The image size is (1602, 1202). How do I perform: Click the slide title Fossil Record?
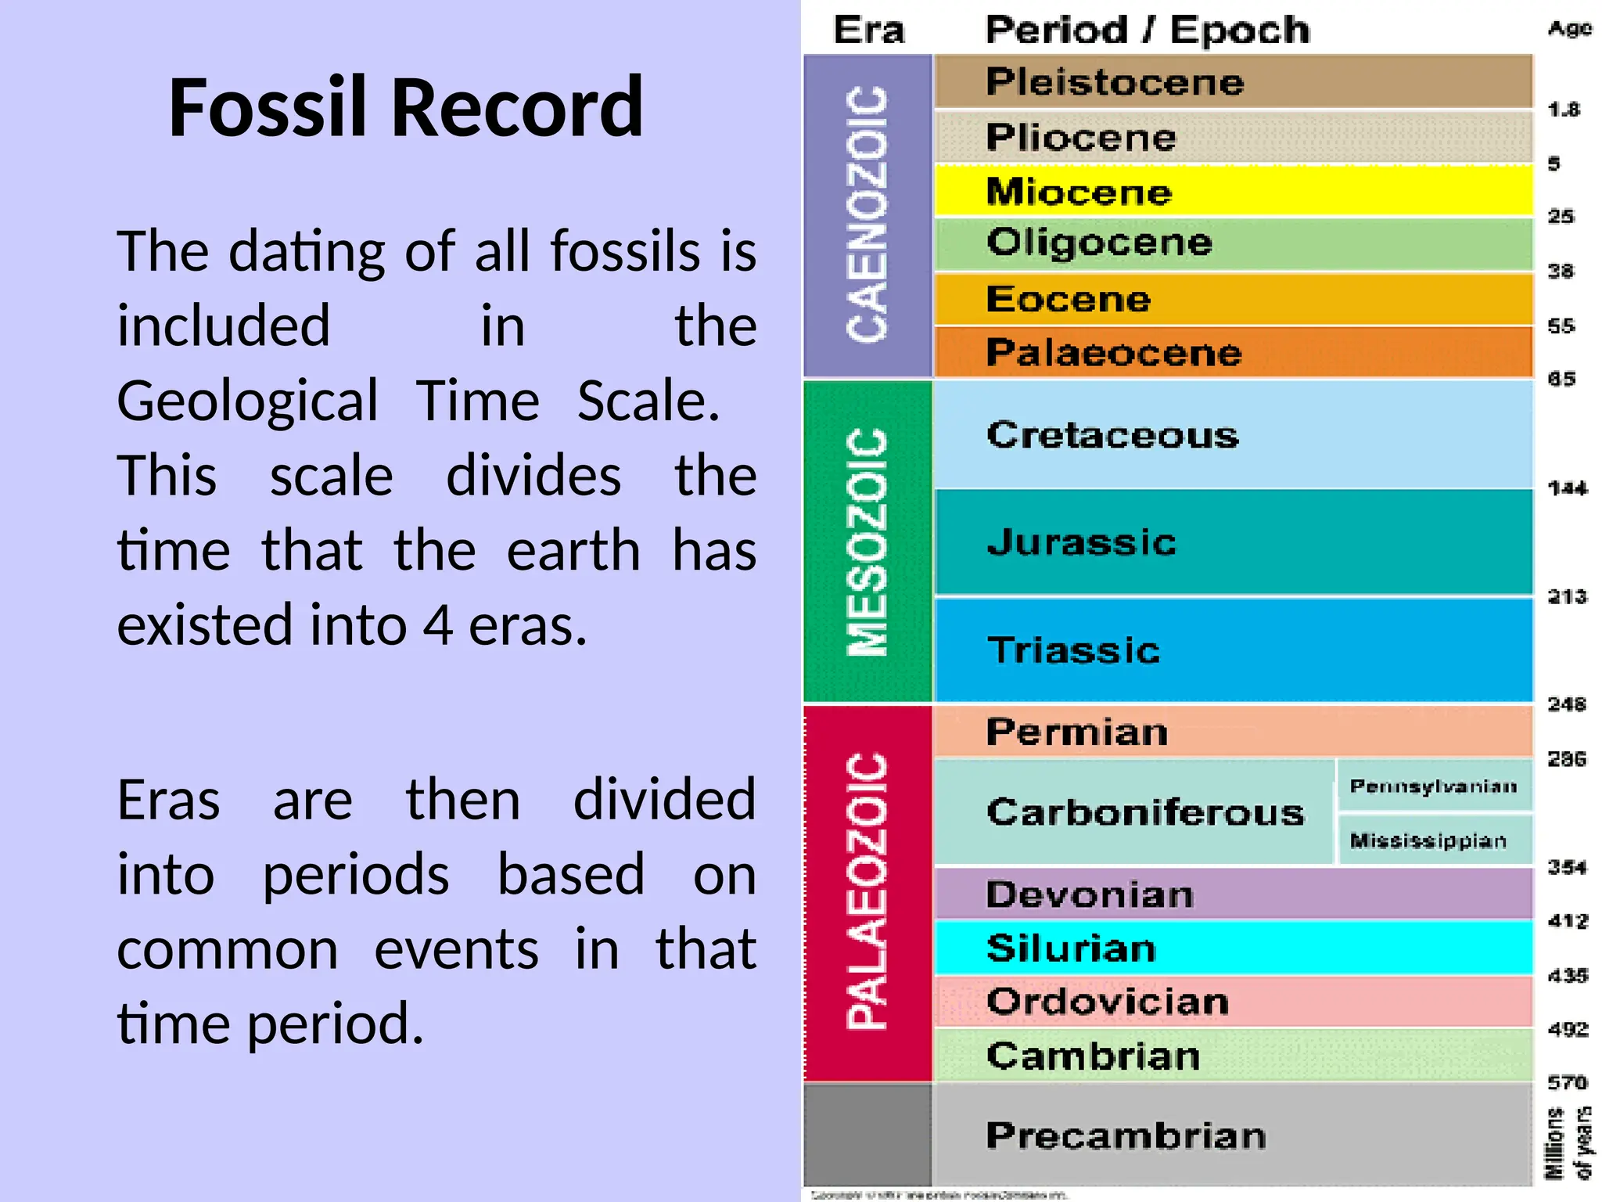coord(405,107)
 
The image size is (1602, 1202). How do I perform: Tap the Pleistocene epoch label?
coord(1114,82)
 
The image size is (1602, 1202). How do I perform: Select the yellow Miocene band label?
coord(1079,192)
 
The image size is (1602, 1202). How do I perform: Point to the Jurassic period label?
coord(1081,542)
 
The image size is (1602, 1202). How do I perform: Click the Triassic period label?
coord(1073,650)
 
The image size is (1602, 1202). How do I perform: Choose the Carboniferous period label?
coord(1145,812)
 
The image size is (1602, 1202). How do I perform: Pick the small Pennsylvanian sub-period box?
coord(1433,786)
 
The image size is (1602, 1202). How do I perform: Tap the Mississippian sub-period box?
coord(1428,840)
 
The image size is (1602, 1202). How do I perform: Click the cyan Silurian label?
coord(1071,948)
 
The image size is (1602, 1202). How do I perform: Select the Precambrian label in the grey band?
coord(1126,1135)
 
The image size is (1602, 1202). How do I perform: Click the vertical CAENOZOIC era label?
coord(867,214)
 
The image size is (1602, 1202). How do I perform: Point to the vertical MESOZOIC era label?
coord(867,542)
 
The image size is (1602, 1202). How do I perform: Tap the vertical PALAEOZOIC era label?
coord(867,890)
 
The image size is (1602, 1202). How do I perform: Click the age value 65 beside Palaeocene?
coord(1561,380)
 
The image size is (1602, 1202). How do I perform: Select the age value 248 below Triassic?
coord(1567,704)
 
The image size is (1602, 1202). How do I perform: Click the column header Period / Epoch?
coord(1147,31)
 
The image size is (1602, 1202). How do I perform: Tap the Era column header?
coord(868,31)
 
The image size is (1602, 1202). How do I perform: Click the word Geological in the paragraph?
coord(247,401)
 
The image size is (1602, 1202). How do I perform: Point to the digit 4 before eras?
coord(438,625)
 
